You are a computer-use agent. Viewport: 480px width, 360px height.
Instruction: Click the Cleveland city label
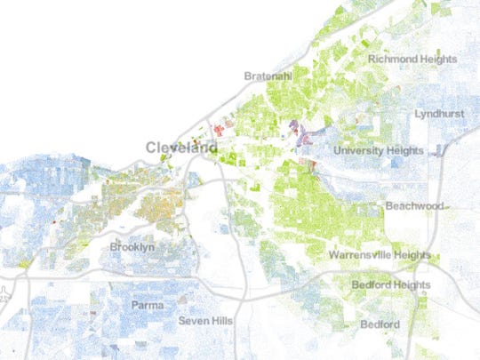tap(181, 148)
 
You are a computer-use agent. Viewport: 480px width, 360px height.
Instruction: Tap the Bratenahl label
tap(269, 76)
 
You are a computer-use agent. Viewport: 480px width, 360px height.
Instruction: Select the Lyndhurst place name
tap(439, 115)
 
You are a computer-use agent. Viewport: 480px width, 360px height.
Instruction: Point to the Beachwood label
tap(414, 206)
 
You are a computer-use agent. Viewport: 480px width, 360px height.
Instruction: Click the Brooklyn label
tap(132, 246)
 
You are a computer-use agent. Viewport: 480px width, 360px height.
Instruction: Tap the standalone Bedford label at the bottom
tap(380, 324)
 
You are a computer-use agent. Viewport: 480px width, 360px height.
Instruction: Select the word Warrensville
tap(363, 256)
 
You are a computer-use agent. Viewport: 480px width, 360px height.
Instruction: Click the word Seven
tap(194, 320)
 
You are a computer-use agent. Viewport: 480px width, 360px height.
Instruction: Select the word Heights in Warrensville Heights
tap(416, 256)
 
